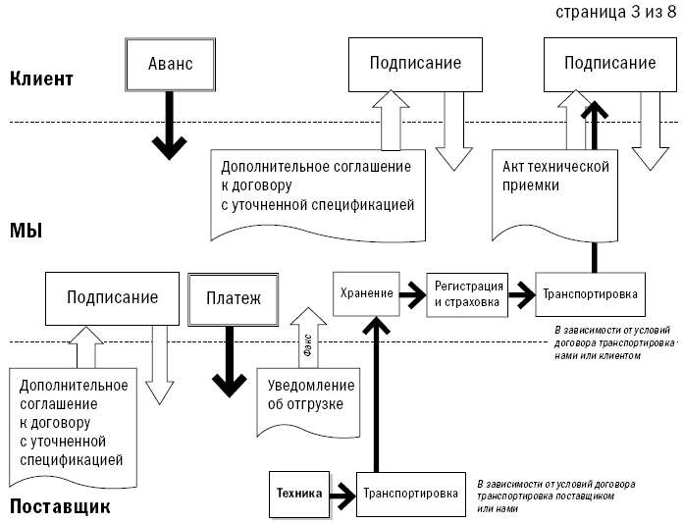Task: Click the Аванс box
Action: tap(171, 65)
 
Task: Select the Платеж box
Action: tap(233, 299)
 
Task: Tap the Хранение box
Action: tap(366, 294)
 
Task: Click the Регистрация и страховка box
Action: tap(467, 294)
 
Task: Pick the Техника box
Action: tap(299, 495)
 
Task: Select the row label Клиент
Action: tap(41, 78)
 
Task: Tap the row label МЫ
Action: tap(26, 231)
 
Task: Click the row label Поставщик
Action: tap(60, 506)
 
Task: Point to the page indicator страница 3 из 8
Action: tap(616, 12)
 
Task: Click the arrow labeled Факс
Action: tap(308, 338)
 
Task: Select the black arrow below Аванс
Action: tap(170, 126)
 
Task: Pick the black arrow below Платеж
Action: tap(230, 362)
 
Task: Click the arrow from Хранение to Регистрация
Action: tap(413, 294)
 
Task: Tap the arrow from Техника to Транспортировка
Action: tap(343, 496)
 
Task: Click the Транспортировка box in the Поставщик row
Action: tap(411, 495)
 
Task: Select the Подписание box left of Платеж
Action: tap(113, 298)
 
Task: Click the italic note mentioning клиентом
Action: tap(613, 342)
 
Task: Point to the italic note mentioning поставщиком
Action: tap(556, 496)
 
